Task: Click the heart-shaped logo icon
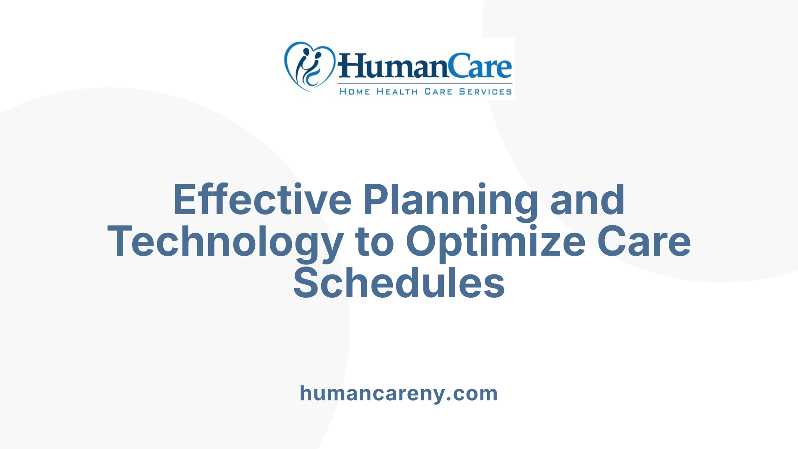[x=309, y=67]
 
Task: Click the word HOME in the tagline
[x=355, y=91]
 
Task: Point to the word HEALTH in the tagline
[x=397, y=91]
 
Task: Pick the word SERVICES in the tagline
[x=485, y=91]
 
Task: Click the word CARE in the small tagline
[x=438, y=91]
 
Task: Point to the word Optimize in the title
[x=495, y=242]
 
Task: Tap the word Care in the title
[x=644, y=242]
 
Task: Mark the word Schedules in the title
[x=399, y=283]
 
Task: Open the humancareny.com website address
[x=399, y=393]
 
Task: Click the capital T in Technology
[x=121, y=242]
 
